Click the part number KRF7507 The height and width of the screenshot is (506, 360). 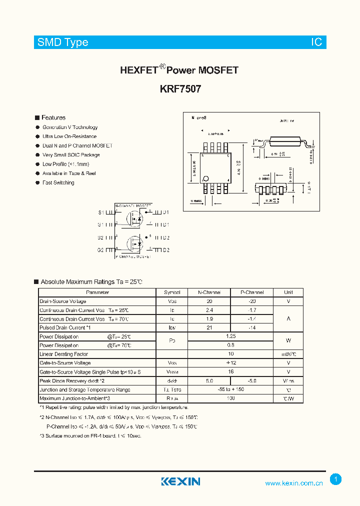click(x=180, y=89)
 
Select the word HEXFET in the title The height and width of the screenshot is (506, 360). click(x=138, y=70)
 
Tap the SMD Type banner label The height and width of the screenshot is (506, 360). click(x=62, y=42)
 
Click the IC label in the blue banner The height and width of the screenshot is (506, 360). click(x=316, y=42)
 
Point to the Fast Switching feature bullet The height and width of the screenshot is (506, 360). click(x=58, y=183)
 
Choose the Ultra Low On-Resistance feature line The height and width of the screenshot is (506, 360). click(x=69, y=136)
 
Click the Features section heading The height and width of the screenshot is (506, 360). click(x=53, y=117)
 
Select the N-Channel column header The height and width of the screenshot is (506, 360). click(x=208, y=292)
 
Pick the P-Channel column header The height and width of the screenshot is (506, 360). click(x=251, y=292)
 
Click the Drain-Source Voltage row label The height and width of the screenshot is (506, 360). click(x=63, y=301)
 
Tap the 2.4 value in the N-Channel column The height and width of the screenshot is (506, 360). click(x=208, y=310)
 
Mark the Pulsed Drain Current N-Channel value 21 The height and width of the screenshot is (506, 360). click(x=208, y=327)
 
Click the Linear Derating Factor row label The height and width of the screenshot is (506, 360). click(x=63, y=354)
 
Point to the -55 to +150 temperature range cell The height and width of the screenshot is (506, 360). click(x=230, y=389)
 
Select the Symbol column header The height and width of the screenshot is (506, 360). click(x=172, y=292)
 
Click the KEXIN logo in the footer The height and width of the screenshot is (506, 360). click(x=180, y=481)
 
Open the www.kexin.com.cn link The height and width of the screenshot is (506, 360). click(x=293, y=483)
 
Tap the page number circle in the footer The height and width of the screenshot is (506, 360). click(x=336, y=479)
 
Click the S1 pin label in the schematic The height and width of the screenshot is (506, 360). click(x=100, y=212)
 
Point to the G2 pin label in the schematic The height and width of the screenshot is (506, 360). click(x=100, y=250)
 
